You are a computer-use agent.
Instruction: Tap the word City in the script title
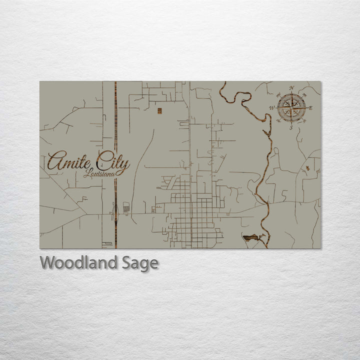point(114,162)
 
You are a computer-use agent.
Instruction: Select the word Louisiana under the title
point(99,173)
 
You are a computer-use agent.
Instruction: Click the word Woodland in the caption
point(79,263)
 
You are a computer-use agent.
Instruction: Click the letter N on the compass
point(291,88)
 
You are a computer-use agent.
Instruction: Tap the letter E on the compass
point(310,107)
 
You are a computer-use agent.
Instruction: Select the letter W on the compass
point(272,107)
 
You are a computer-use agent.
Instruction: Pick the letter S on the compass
point(291,127)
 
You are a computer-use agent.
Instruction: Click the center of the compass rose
point(291,107)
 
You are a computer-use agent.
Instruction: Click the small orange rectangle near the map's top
point(159,110)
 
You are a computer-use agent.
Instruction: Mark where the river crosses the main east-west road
point(264,204)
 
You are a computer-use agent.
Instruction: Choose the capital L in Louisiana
point(87,173)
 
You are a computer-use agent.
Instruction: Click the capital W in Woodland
point(48,263)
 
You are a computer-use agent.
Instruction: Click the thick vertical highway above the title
point(115,115)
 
